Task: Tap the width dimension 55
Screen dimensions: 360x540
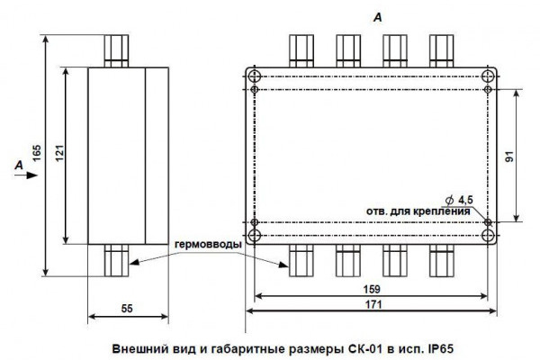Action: tap(127, 309)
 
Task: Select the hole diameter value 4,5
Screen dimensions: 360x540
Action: tap(464, 199)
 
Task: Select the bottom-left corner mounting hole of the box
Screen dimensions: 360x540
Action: tap(255, 237)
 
